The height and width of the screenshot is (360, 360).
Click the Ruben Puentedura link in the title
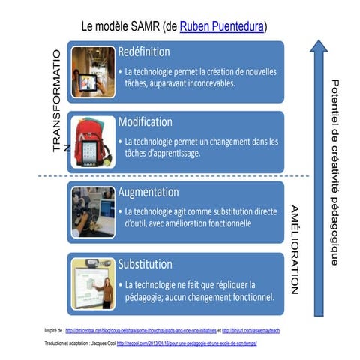223,28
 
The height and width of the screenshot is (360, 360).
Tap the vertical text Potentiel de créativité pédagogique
335,172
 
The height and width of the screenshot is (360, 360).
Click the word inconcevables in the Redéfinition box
205,83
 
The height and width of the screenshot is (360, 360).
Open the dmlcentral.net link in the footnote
143,330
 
